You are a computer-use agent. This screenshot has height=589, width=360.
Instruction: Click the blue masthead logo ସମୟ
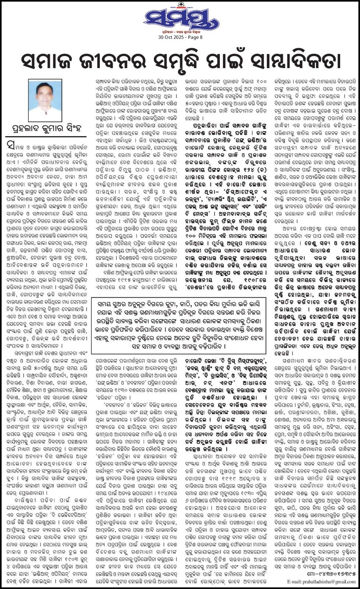[x=180, y=19]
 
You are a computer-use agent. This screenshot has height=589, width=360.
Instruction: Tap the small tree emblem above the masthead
[x=180, y=3]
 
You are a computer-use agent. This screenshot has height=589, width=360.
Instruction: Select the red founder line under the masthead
[x=180, y=32]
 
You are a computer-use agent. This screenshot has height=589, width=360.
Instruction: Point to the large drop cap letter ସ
[x=11, y=146]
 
